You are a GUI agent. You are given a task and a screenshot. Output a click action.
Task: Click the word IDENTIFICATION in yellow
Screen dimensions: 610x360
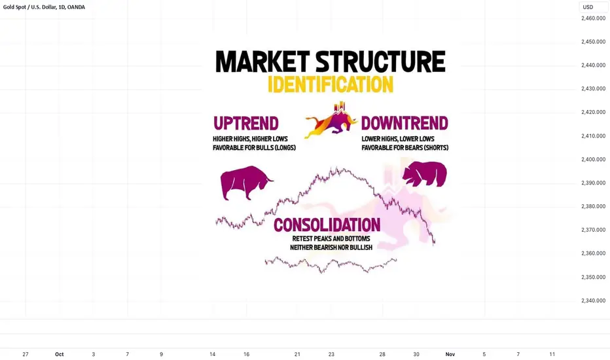[x=331, y=84]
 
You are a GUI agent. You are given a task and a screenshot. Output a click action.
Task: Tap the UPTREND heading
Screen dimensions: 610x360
[x=246, y=123]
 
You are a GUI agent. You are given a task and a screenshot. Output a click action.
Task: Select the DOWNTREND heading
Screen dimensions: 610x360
[x=404, y=123]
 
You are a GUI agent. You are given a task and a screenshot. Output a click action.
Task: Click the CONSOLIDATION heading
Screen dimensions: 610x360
[x=327, y=225]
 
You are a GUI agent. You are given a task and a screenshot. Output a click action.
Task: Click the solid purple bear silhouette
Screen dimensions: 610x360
[x=425, y=174]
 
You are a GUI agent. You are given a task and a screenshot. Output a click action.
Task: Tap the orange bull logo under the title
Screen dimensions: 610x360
[x=331, y=120]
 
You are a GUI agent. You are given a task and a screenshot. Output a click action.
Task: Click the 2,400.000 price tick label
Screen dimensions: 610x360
[x=593, y=159]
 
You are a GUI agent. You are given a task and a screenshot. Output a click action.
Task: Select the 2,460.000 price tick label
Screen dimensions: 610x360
[x=593, y=18]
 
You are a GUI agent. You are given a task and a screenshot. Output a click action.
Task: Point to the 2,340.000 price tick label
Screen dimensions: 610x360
[x=593, y=300]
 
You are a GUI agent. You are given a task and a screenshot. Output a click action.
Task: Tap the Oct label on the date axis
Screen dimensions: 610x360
[x=59, y=354]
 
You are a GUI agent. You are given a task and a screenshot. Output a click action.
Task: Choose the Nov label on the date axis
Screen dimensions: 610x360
[x=450, y=354]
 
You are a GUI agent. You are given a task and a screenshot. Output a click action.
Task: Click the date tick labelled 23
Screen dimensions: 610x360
[x=331, y=354]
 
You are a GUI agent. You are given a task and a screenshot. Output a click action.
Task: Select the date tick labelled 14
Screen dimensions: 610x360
[x=213, y=354]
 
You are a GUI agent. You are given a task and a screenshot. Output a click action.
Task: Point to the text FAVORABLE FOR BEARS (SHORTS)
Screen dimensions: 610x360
[x=405, y=148]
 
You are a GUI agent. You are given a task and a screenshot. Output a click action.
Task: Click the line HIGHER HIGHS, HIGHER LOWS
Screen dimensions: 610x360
[x=250, y=139]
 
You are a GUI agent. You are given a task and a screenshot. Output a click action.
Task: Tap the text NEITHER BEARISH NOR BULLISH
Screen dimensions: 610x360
[x=331, y=247]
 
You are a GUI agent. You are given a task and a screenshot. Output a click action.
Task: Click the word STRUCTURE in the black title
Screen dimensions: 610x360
[x=380, y=62]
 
